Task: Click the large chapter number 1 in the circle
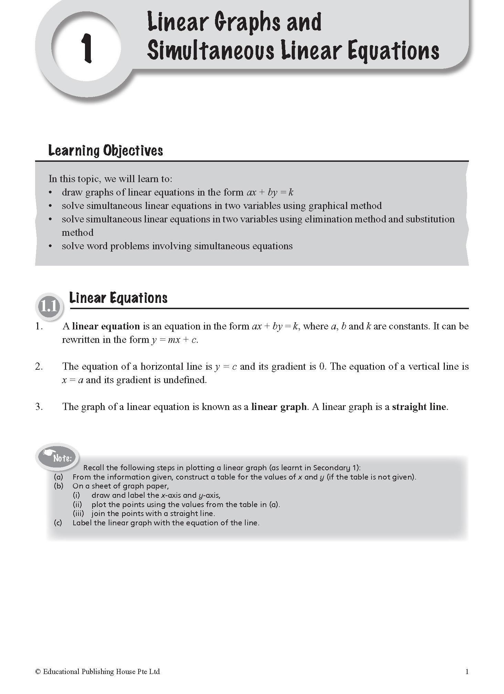86,48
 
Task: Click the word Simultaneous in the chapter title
211,51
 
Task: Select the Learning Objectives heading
105,151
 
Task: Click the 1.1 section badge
49,306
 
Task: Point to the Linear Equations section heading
118,298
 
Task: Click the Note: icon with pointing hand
58,457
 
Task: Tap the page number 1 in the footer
467,671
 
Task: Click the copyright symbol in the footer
38,672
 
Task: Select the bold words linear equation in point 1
106,326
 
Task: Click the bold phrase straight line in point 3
419,407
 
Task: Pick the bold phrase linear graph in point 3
279,407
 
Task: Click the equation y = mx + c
174,340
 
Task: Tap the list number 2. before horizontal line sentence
39,367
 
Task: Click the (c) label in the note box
58,523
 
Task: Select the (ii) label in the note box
77,504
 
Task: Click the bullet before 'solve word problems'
51,246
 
